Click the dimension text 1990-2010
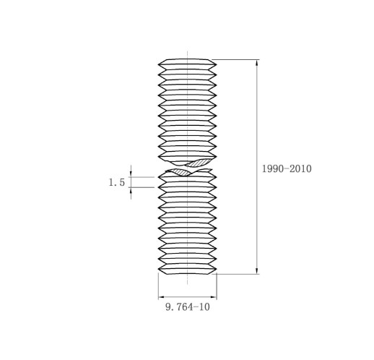287,168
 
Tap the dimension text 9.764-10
188,307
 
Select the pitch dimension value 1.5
117,182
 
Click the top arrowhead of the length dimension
257,63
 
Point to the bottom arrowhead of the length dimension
257,270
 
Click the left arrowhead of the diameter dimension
162,297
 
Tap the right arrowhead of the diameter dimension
214,297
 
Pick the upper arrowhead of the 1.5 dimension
131,174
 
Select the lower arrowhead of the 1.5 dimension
131,190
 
